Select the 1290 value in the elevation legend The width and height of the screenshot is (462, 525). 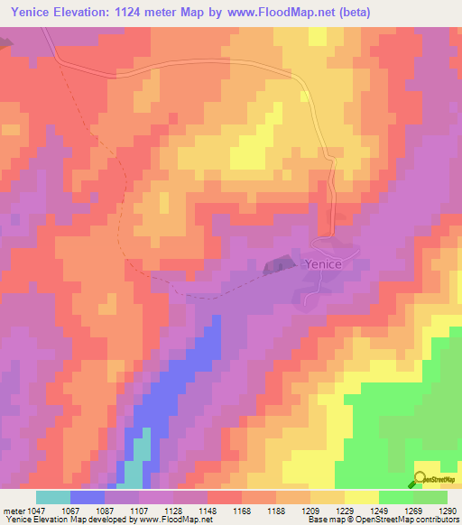(448, 511)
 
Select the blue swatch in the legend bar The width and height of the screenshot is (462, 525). (88, 497)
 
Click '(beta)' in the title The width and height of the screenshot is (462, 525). (350, 14)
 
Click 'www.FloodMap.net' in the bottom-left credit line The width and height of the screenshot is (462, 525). (171, 520)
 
